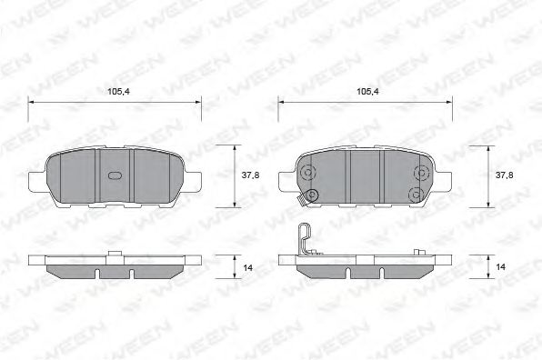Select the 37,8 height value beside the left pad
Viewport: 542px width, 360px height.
(250, 175)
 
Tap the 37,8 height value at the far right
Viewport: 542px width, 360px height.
(505, 175)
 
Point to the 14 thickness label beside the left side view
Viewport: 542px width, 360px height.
(248, 268)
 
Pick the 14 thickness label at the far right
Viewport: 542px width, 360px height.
(500, 267)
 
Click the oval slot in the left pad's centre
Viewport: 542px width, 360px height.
(115, 175)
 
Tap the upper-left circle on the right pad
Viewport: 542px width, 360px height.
(307, 173)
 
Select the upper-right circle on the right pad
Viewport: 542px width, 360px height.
(422, 173)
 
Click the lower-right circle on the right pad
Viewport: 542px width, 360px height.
(416, 195)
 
